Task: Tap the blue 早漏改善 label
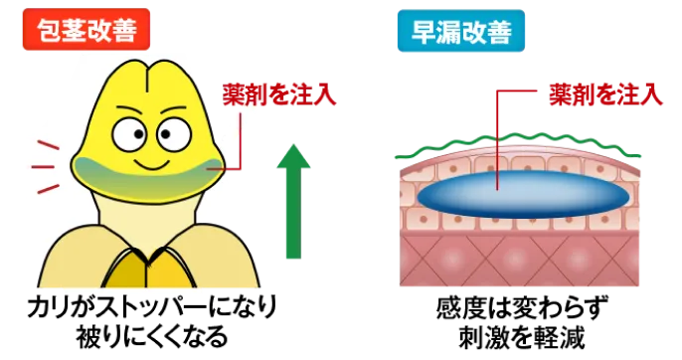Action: [x=461, y=32]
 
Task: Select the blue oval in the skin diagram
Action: [x=522, y=193]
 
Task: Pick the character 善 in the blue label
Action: [x=498, y=32]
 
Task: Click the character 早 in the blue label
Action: [x=425, y=32]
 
